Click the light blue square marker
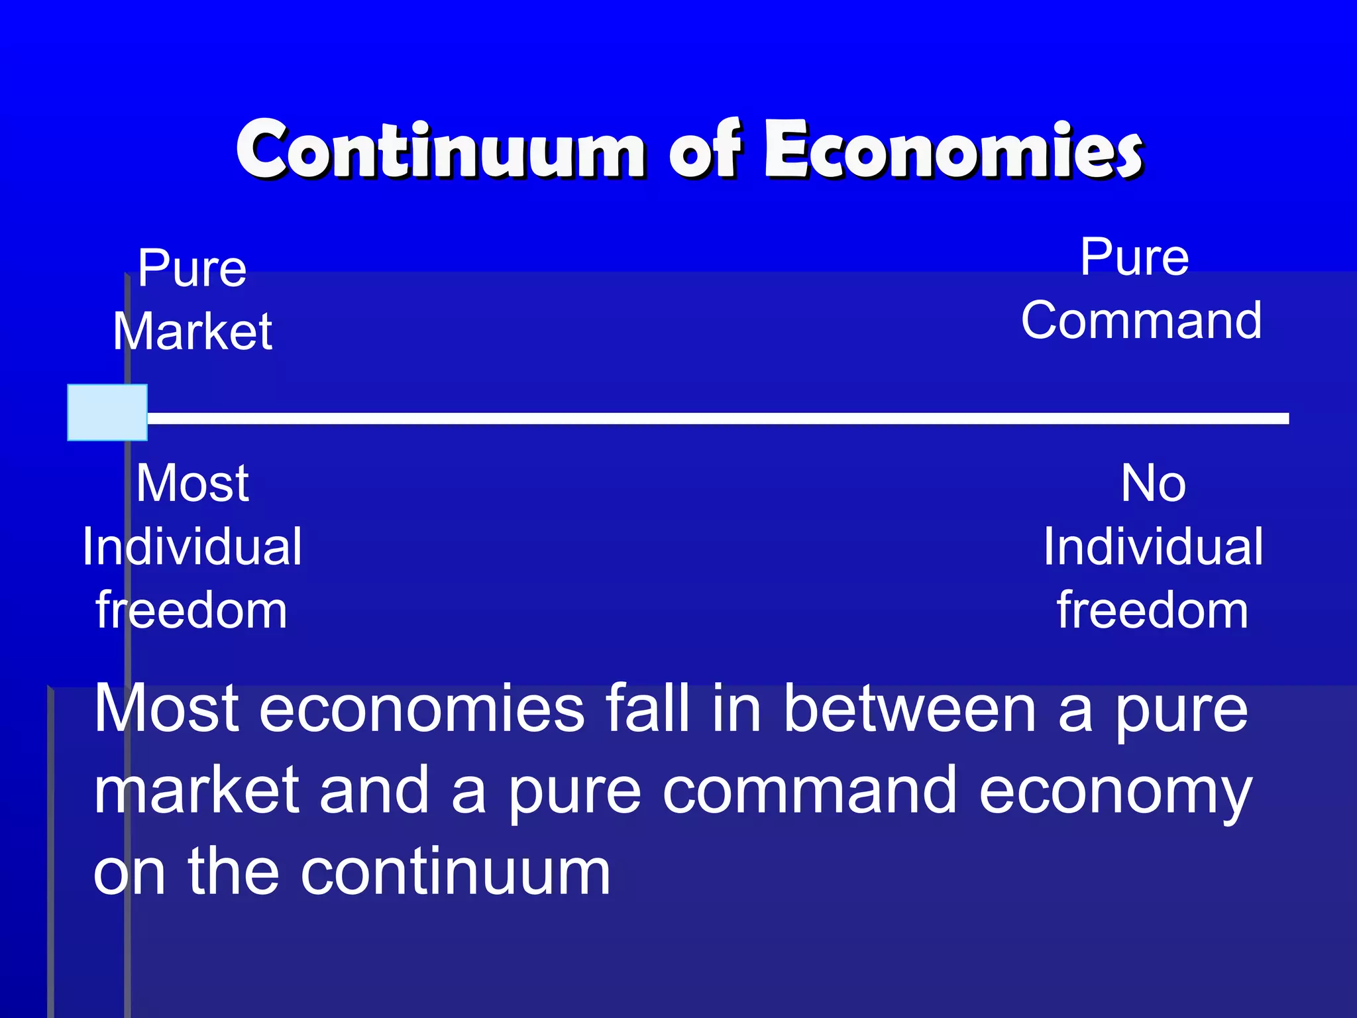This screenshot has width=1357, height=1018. coord(107,412)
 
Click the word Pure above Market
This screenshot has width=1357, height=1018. coord(192,268)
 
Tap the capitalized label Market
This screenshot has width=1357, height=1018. coord(192,331)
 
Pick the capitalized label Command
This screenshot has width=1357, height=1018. coord(1141,321)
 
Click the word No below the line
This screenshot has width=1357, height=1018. coord(1153,483)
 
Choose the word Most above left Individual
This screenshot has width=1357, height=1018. coord(192,483)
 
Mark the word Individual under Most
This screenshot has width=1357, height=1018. coord(192,547)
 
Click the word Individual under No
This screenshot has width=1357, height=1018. coord(1153,547)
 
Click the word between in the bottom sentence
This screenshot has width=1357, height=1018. coord(909,710)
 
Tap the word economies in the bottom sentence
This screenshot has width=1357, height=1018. coord(421,710)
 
